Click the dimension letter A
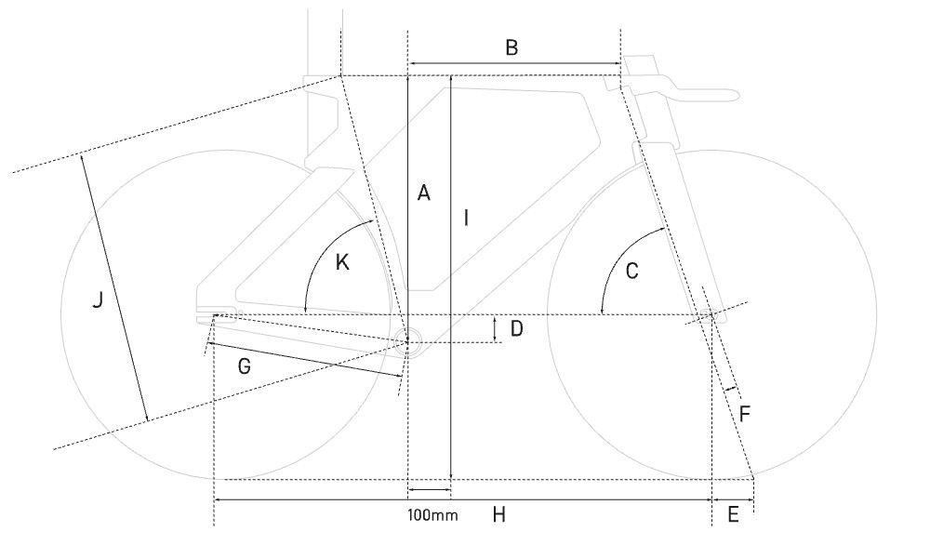[x=423, y=193]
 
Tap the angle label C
[x=631, y=272]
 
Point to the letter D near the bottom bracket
[x=518, y=328]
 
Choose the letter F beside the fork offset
[x=744, y=410]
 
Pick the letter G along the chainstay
[x=245, y=366]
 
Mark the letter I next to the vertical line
[x=467, y=219]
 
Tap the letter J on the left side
[x=98, y=301]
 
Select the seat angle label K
[x=341, y=262]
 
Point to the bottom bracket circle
[x=409, y=340]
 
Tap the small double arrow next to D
[x=496, y=328]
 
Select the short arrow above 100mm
[x=429, y=489]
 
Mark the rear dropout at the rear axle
[x=216, y=316]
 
